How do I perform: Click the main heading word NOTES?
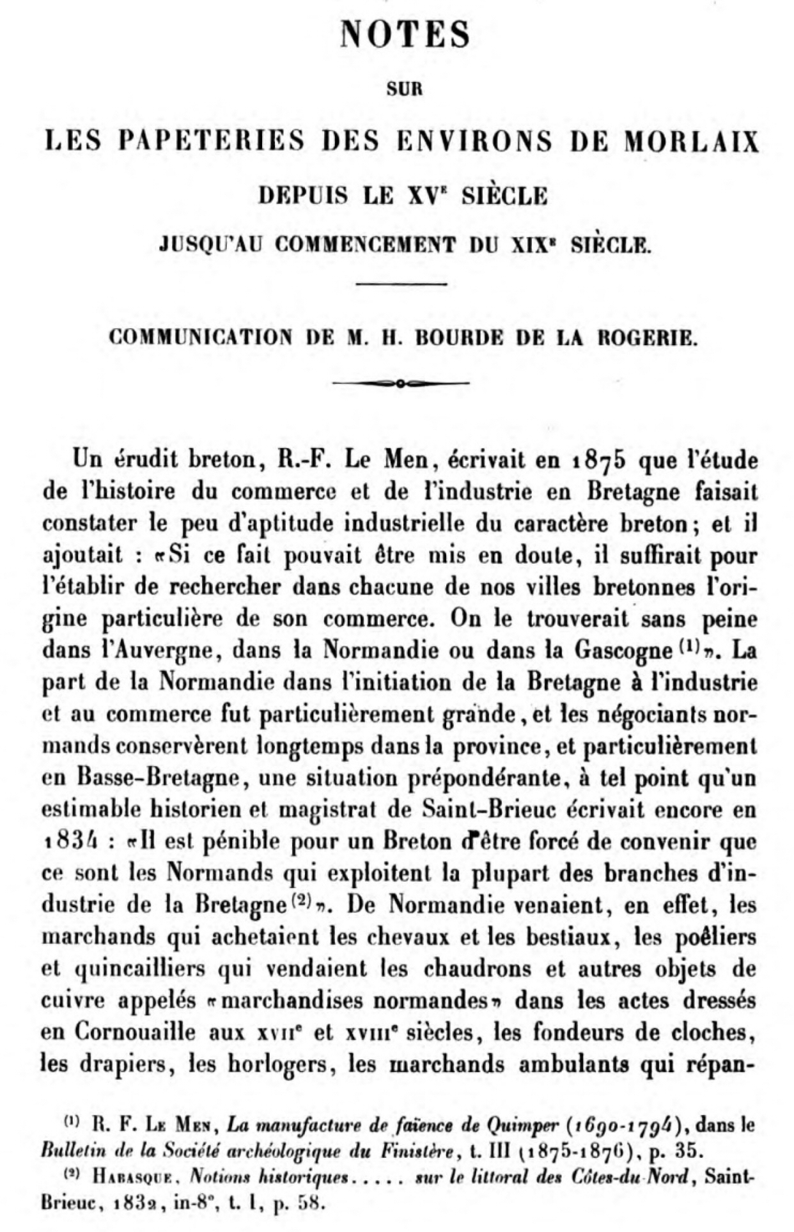click(405, 35)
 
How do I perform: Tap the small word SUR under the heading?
click(405, 89)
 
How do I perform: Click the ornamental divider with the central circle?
click(401, 384)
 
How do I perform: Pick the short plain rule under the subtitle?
click(401, 283)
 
